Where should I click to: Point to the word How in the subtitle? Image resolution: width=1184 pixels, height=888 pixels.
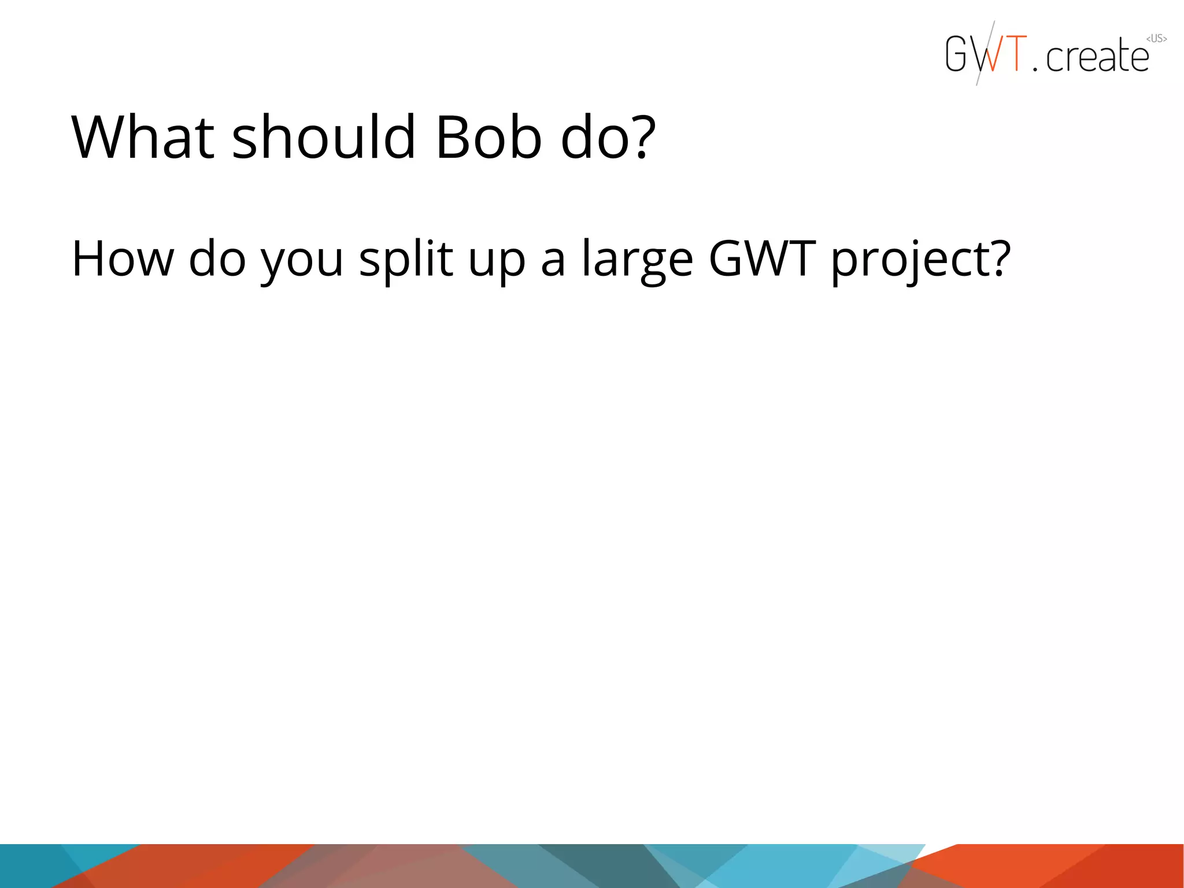pos(122,258)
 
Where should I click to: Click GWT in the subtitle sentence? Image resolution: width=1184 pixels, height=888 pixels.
pos(762,258)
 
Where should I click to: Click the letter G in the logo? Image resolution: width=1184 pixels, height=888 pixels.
pos(956,54)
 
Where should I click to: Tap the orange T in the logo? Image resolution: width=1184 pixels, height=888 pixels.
pos(1016,53)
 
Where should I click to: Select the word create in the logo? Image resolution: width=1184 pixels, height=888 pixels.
pos(1097,57)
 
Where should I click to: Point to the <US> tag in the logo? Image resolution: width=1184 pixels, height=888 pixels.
pos(1156,39)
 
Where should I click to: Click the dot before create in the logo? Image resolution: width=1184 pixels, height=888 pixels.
pos(1035,69)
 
